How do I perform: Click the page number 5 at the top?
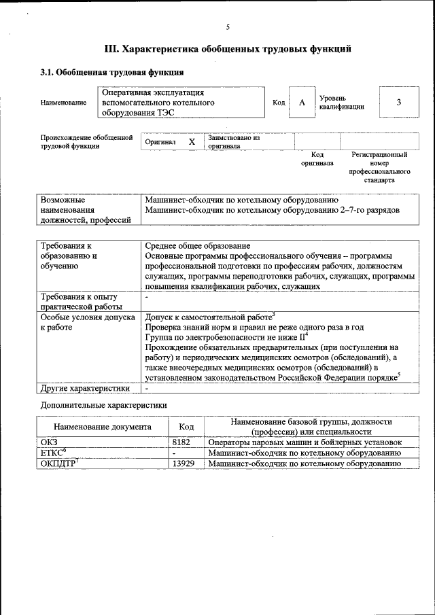point(228,27)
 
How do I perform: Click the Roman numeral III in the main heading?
point(111,49)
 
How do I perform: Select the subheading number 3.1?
point(48,72)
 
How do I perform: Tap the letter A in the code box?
point(302,102)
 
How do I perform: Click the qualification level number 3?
point(398,102)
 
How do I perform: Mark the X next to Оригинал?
point(192,141)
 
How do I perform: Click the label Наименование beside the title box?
point(63,103)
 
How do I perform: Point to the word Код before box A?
point(279,103)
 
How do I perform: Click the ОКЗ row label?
point(50,442)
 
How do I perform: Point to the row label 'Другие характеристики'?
point(85,388)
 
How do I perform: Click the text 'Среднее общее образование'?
point(198,245)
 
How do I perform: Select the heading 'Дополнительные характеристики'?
point(103,405)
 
